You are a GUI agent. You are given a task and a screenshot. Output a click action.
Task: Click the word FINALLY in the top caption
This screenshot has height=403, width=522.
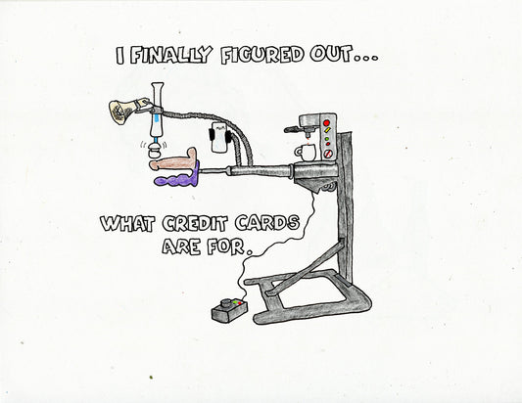(170, 55)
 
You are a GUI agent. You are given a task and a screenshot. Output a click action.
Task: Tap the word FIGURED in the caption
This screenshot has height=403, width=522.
(262, 55)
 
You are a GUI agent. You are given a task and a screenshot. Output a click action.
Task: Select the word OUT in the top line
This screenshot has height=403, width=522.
(331, 55)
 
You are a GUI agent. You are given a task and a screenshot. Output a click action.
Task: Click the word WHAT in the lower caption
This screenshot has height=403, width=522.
(127, 223)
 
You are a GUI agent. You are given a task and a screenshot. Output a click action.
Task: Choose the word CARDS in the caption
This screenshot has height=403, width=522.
(267, 223)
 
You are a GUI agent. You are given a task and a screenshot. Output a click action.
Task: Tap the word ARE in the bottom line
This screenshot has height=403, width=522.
(181, 246)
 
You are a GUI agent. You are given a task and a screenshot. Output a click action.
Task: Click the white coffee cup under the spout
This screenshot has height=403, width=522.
(306, 153)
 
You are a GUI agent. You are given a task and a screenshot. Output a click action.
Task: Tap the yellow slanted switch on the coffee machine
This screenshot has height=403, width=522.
(327, 129)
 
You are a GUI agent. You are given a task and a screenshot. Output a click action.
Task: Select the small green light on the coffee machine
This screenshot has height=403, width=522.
(326, 138)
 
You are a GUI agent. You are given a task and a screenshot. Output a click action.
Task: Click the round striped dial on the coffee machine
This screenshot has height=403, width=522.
(327, 154)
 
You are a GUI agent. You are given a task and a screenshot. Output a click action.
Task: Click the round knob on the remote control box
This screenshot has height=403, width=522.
(226, 303)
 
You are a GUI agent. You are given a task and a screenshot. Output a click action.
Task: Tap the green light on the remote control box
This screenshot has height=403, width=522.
(235, 302)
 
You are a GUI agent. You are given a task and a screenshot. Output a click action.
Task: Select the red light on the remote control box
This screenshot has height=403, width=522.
(240, 303)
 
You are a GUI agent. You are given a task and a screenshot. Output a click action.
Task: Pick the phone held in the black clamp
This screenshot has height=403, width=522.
(218, 137)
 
